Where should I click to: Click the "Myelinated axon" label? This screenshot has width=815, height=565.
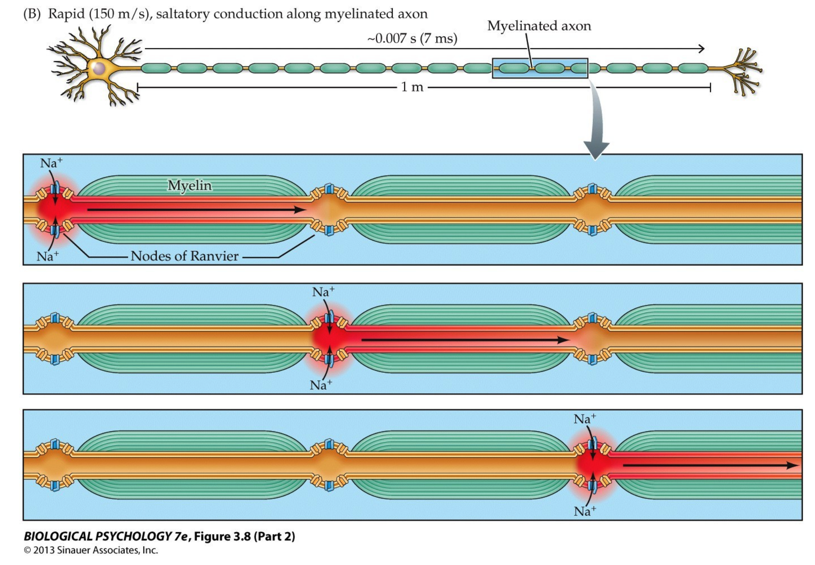[x=539, y=26]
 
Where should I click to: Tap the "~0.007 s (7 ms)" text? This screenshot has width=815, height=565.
[x=412, y=39]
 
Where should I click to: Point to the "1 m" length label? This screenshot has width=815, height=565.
[x=412, y=87]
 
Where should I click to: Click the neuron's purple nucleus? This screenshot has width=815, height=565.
[x=99, y=69]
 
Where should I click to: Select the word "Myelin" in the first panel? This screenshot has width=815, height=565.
[x=189, y=185]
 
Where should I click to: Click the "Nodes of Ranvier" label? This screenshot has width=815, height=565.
[x=184, y=256]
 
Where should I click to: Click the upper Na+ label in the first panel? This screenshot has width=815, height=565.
[x=51, y=163]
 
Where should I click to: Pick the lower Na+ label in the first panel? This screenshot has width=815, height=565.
[x=48, y=256]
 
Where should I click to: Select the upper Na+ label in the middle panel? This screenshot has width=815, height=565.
[x=323, y=292]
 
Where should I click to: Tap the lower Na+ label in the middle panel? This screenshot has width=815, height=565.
[x=320, y=385]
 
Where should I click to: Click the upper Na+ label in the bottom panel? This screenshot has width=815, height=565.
[x=584, y=419]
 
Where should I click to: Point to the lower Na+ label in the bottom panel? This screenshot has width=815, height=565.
[x=584, y=511]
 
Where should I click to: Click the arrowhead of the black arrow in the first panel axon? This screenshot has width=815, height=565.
[x=301, y=210]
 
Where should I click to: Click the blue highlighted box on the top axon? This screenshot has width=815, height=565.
[x=540, y=68]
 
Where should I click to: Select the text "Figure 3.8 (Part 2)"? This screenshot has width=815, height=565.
[x=244, y=536]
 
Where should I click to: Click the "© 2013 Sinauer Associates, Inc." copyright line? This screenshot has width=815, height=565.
[x=91, y=550]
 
